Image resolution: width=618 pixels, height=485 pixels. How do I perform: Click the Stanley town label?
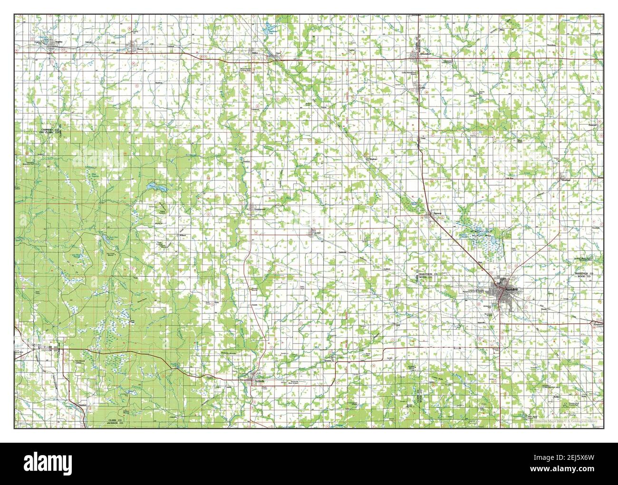[x=58, y=41]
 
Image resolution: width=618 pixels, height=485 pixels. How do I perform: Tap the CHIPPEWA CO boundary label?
[x=46, y=129]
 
